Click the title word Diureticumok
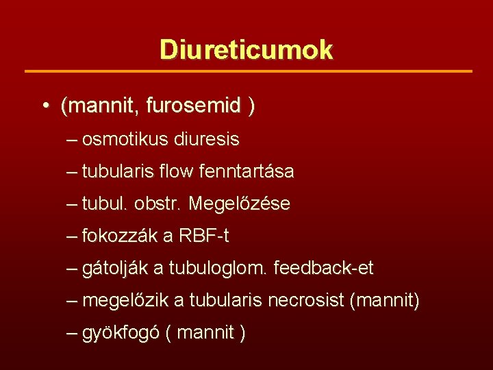pos(246,49)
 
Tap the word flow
pos(177,172)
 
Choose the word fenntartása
pos(246,172)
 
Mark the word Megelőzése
pos(239,204)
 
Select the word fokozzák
pos(119,236)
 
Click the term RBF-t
pos(204,236)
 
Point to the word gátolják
pos(114,269)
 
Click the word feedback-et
pos(323,269)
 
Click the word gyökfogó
pos(121,334)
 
